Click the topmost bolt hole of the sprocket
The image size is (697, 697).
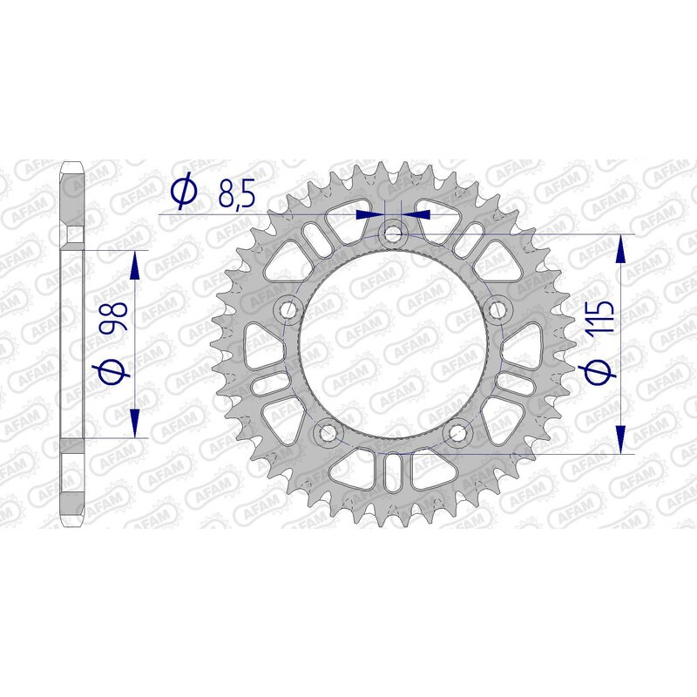393,233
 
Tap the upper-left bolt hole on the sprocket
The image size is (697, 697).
288,309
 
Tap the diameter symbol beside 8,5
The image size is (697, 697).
184,193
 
